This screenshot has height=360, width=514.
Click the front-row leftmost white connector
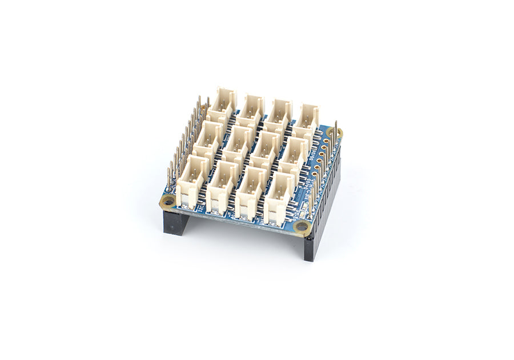tap(190, 184)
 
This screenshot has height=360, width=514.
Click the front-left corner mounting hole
tap(168, 200)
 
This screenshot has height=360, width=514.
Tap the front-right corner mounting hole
tap(302, 227)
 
